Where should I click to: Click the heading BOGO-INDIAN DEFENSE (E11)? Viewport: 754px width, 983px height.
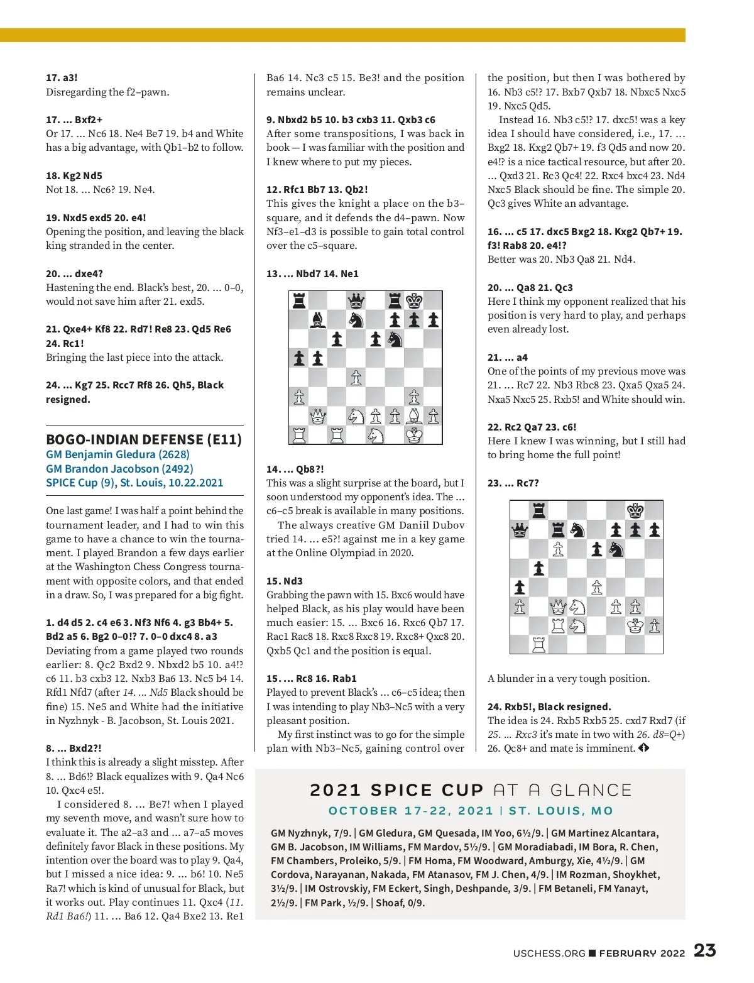[144, 439]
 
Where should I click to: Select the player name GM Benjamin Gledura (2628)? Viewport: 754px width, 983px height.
[117, 454]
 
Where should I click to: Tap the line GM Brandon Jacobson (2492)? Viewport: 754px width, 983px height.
[119, 469]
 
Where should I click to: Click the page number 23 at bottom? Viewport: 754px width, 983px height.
[704, 950]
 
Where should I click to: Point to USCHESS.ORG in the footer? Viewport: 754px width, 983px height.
[549, 953]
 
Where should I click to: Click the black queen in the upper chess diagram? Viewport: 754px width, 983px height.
[356, 300]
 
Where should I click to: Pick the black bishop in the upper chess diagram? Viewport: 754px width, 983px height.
[318, 320]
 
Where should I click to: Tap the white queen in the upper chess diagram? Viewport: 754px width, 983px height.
[318, 416]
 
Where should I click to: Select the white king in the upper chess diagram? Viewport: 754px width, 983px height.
[414, 435]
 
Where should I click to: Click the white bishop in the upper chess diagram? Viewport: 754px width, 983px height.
[414, 416]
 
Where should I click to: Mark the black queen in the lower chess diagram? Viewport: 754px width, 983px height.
[520, 530]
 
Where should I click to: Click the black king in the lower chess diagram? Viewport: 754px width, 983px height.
[635, 510]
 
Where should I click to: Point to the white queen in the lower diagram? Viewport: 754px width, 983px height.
[558, 607]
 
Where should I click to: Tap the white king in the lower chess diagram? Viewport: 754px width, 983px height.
[635, 626]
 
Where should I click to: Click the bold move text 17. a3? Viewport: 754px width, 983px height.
[62, 78]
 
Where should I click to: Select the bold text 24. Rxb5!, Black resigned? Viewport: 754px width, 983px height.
[549, 706]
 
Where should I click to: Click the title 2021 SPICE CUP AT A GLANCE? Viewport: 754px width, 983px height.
[471, 790]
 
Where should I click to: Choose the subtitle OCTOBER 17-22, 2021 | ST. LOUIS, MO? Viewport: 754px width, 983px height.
[471, 811]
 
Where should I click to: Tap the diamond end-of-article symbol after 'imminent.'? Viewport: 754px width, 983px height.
[643, 748]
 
